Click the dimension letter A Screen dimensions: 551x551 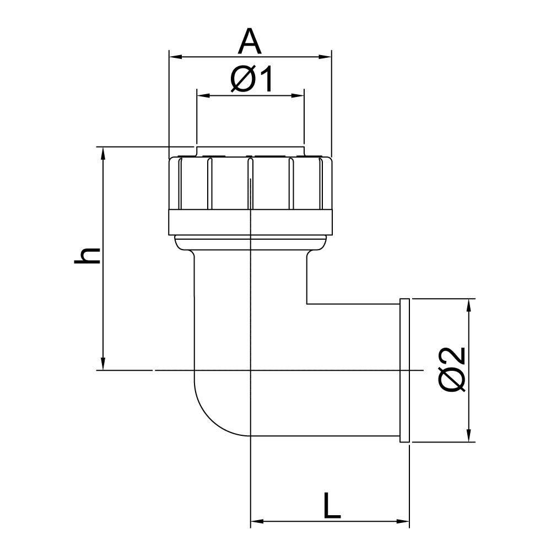[x=250, y=42]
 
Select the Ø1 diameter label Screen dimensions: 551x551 [x=251, y=79]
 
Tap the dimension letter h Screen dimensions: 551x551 [x=88, y=256]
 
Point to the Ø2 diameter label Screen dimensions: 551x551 [x=452, y=369]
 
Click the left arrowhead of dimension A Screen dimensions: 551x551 [x=175, y=57]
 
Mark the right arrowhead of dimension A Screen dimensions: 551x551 [x=325, y=57]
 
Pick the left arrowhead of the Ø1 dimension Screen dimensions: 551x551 [x=203, y=95]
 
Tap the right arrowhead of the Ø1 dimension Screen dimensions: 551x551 [x=298, y=95]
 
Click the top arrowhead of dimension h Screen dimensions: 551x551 [x=103, y=154]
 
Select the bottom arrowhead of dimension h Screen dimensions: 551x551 [x=103, y=363]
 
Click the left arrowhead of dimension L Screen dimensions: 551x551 [x=257, y=521]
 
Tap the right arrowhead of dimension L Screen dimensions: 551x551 [x=403, y=521]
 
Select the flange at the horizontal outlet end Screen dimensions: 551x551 [x=404, y=370]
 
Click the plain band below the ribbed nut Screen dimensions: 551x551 [x=250, y=222]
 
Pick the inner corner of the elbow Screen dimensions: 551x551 [x=307, y=304]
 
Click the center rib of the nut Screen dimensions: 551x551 [x=250, y=183]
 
